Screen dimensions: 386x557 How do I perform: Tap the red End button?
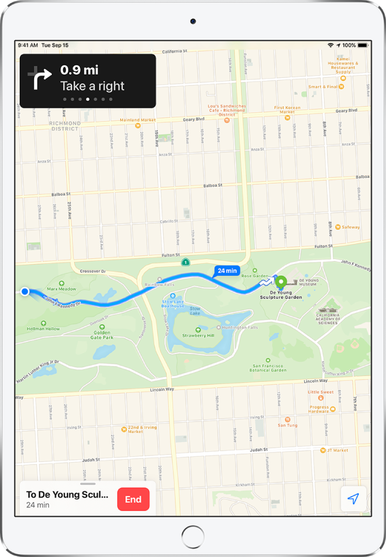133,499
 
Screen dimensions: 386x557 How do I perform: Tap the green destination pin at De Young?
282,283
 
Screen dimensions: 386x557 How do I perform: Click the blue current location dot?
24,291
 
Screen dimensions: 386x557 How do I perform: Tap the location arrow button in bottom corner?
353,499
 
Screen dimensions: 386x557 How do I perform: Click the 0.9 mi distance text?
80,70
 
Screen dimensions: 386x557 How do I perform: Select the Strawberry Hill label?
199,335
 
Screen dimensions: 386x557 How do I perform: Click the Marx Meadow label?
62,288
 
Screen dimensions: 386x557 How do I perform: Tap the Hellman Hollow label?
44,329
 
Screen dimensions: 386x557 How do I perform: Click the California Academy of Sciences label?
330,317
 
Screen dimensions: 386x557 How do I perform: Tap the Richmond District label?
65,126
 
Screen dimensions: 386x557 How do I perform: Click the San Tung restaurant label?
287,425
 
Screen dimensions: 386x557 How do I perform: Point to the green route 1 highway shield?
185,263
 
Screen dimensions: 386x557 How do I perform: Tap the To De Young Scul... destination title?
67,495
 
